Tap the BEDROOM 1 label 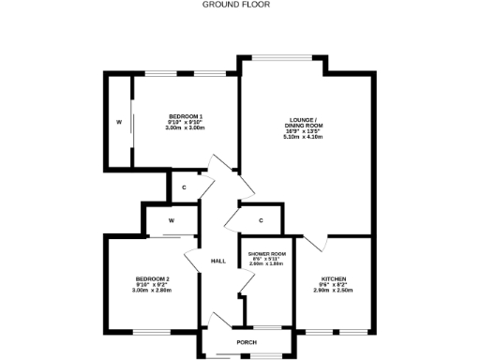[x=185, y=115]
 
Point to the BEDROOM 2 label [x=152, y=278]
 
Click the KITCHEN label [x=334, y=278]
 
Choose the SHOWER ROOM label [x=266, y=254]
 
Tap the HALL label [x=218, y=261]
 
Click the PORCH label [x=247, y=342]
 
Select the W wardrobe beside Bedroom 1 [x=119, y=123]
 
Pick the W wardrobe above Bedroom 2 [x=172, y=220]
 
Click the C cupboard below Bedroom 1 [x=185, y=187]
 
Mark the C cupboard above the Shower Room [x=262, y=220]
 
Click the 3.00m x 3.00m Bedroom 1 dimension [x=185, y=127]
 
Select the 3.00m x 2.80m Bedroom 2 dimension [x=152, y=291]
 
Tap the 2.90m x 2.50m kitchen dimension [x=334, y=291]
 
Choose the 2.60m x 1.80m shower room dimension [x=266, y=265]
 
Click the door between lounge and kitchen [x=319, y=242]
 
